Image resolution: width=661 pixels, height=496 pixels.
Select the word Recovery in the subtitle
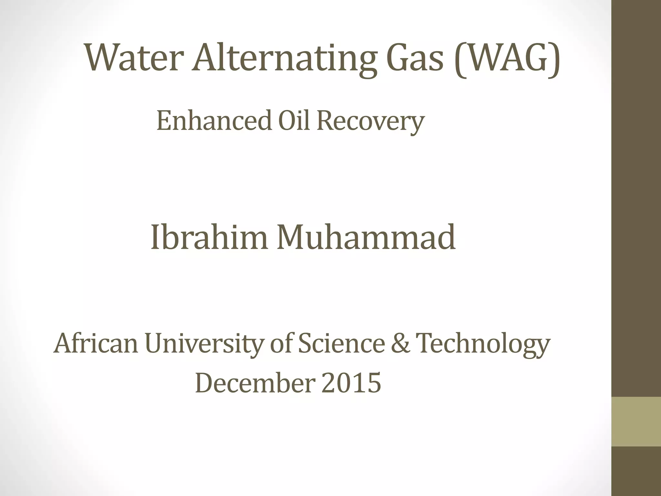370,121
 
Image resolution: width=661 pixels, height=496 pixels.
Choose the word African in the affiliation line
96,343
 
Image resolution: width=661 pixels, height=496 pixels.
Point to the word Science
341,343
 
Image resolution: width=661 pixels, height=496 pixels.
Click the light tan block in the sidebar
636,421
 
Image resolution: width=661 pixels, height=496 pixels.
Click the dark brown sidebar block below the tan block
636,471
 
